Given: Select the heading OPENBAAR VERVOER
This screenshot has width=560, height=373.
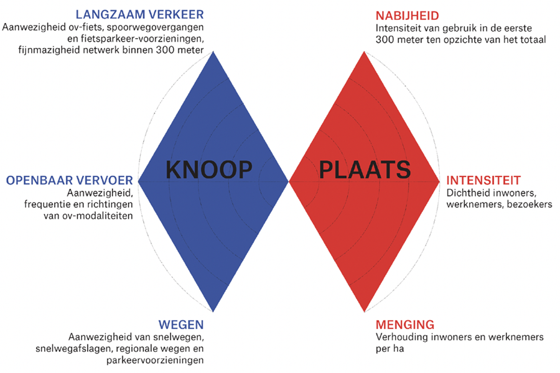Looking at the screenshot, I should [x=69, y=180].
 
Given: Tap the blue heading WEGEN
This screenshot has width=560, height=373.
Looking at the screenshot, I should [x=181, y=325].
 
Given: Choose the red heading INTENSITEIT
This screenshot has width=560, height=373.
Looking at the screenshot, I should [x=483, y=180].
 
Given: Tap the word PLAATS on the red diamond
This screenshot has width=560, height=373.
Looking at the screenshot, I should [x=364, y=169].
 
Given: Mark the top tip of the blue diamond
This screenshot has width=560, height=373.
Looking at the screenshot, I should [x=213, y=51].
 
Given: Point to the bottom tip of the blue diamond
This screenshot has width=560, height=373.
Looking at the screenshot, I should [x=213, y=312].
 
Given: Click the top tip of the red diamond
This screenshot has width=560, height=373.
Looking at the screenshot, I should [x=365, y=51].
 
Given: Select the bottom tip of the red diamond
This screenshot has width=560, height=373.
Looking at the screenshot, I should [x=365, y=312].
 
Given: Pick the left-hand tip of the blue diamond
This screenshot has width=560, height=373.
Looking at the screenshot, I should [x=138, y=182].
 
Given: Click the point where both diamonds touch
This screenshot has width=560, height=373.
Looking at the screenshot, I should [x=289, y=182].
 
